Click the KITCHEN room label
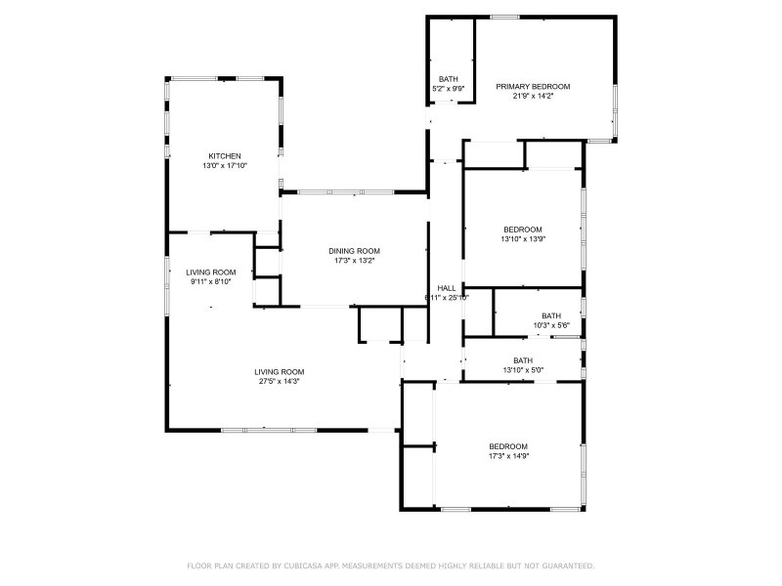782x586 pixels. point(225,156)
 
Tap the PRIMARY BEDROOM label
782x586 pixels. point(533,87)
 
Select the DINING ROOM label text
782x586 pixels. point(354,251)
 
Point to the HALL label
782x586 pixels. point(447,288)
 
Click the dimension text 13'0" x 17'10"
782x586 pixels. point(225,166)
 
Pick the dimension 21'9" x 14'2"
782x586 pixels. point(533,96)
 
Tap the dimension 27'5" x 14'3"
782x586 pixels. point(280,382)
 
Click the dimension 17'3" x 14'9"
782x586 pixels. point(508,456)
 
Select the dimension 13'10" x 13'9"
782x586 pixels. point(523,239)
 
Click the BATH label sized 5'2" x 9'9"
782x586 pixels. point(449,79)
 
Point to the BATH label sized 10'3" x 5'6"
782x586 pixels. point(551,315)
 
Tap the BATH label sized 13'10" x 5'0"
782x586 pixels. point(523,360)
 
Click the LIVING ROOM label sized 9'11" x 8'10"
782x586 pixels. point(210,272)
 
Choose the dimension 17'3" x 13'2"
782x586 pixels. point(354,261)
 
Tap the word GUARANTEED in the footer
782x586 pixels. point(568,566)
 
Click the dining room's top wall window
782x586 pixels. point(346,191)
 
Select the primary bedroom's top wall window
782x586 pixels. point(504,18)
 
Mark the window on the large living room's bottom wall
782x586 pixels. point(269,430)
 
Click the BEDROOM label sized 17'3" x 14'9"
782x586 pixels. point(508,446)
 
